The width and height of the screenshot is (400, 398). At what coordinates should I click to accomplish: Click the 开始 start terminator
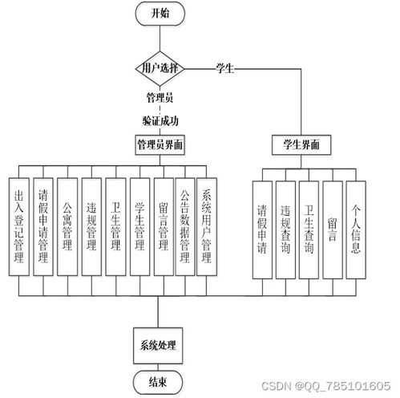pos(160,14)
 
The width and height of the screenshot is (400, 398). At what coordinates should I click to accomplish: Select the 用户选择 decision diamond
pos(160,69)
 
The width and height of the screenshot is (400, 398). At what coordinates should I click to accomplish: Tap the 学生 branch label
pos(225,68)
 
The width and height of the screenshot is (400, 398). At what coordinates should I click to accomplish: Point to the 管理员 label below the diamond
pos(160,98)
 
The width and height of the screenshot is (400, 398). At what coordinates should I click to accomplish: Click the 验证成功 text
pos(160,121)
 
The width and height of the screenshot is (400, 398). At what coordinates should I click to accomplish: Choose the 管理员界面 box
pos(160,145)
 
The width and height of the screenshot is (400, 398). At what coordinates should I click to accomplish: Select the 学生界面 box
pos(301,145)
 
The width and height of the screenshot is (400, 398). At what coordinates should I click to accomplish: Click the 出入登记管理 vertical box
pos(19,227)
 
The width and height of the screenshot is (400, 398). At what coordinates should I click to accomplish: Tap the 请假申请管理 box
pos(43,227)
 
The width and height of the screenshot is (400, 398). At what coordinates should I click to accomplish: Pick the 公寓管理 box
pos(67,227)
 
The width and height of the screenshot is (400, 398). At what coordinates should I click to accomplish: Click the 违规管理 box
pos(91,227)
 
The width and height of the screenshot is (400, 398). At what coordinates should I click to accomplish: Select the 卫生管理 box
pos(115,227)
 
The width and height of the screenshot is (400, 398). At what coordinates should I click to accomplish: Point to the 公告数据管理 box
pos(185,227)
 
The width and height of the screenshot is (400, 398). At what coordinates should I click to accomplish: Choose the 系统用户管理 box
pos(207,227)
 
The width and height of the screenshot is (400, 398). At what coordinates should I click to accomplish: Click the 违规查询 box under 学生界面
pos(285,230)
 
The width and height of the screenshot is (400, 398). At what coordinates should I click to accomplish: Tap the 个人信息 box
pos(356,230)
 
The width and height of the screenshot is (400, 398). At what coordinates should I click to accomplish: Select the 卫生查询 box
pos(309,230)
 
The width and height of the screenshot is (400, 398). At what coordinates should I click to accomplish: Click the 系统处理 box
pos(158,346)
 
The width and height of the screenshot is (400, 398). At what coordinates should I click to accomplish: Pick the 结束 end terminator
pos(158,382)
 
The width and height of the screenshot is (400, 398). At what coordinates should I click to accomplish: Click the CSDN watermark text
pos(326,386)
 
